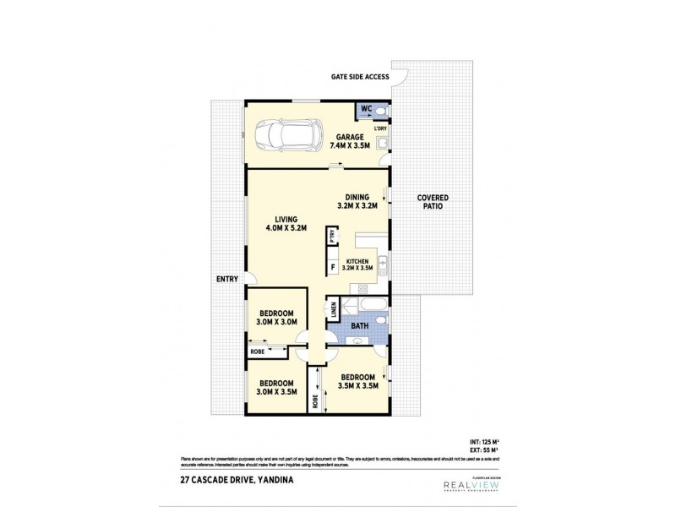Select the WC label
tap(366, 109)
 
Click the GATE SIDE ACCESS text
tap(359, 76)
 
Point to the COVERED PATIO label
tap(433, 203)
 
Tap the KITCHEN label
tap(357, 264)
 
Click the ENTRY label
tap(226, 280)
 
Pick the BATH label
tap(359, 325)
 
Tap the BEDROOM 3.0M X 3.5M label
tap(275, 387)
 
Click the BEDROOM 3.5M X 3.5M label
tap(357, 382)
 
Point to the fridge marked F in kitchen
tap(333, 269)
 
